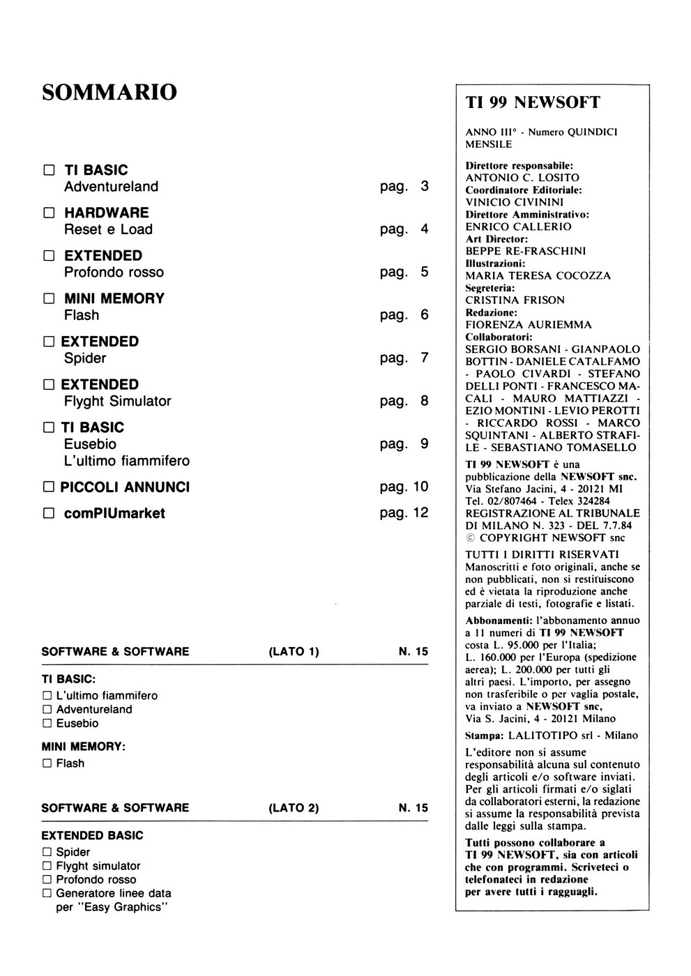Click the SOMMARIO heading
click(x=109, y=92)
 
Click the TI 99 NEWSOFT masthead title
click(x=533, y=103)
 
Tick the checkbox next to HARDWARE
click(x=49, y=213)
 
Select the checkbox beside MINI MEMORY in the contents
click(x=49, y=299)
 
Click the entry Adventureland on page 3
click(x=111, y=187)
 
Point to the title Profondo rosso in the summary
click(x=114, y=273)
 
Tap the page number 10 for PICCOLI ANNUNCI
click(x=420, y=487)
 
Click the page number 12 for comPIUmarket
click(x=420, y=513)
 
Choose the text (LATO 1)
click(x=293, y=652)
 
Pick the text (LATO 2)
click(x=293, y=808)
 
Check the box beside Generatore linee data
click(x=47, y=893)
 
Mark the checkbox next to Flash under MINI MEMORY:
click(x=47, y=764)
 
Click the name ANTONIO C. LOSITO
click(x=522, y=178)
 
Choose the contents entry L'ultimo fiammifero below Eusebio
click(x=126, y=461)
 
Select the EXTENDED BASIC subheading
click(x=92, y=835)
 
